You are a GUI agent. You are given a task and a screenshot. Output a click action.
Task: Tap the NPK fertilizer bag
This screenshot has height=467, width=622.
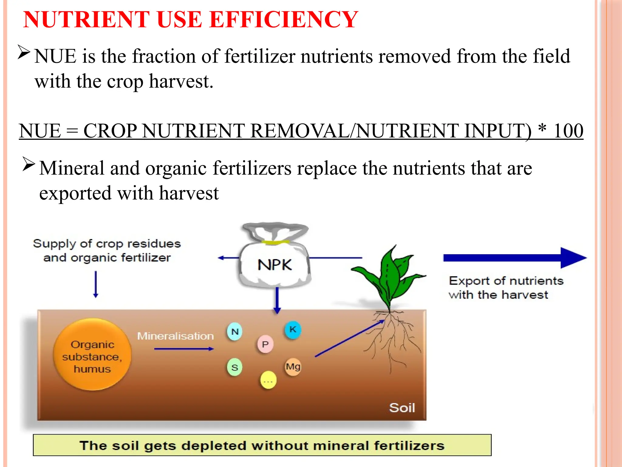[275, 261]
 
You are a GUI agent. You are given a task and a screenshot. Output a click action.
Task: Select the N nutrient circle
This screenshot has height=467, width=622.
[235, 331]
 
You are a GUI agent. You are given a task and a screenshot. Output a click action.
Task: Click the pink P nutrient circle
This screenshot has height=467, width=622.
[265, 344]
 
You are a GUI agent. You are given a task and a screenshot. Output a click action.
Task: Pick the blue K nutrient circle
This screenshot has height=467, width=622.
[293, 330]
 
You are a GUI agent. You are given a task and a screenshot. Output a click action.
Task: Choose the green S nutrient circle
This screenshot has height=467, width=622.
[235, 367]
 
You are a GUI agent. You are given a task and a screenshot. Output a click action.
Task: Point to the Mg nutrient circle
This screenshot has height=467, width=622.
[293, 367]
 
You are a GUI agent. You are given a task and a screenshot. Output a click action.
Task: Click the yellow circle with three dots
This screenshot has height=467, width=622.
[268, 380]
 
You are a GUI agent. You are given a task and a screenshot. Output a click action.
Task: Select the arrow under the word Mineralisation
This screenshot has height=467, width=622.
[184, 349]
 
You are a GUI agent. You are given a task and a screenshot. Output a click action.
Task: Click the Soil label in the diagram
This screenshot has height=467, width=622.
[402, 408]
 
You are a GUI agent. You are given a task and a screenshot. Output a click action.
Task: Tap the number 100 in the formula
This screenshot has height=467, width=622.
[568, 131]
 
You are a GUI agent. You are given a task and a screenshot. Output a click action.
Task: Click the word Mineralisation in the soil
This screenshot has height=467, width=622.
[176, 336]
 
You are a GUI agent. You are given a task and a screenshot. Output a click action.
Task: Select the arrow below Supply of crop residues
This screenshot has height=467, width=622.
[96, 284]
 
